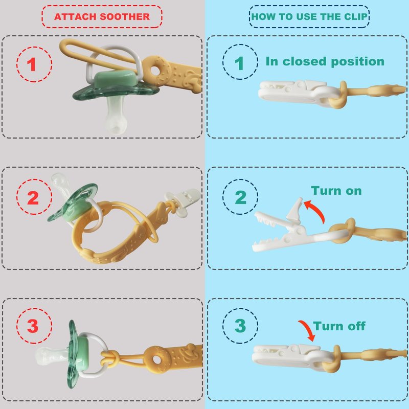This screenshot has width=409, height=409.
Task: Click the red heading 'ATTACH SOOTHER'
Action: click(102, 17)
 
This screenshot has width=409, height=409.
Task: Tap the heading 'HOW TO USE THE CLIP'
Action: click(309, 17)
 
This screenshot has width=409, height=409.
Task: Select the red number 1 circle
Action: click(34, 64)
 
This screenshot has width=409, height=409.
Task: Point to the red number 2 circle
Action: click(34, 197)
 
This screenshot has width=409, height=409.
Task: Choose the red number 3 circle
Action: click(34, 326)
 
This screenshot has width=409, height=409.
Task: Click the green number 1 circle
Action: click(240, 62)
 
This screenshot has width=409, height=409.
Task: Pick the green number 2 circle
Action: click(240, 197)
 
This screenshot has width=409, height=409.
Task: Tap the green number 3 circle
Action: click(240, 326)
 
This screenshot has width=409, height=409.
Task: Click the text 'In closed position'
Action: click(325, 62)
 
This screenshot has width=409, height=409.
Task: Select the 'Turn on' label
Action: click(336, 191)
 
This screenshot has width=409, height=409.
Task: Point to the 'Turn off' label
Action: click(339, 326)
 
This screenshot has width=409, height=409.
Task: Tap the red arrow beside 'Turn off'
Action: click(308, 329)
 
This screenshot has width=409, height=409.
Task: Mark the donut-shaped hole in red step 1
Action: click(156, 71)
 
